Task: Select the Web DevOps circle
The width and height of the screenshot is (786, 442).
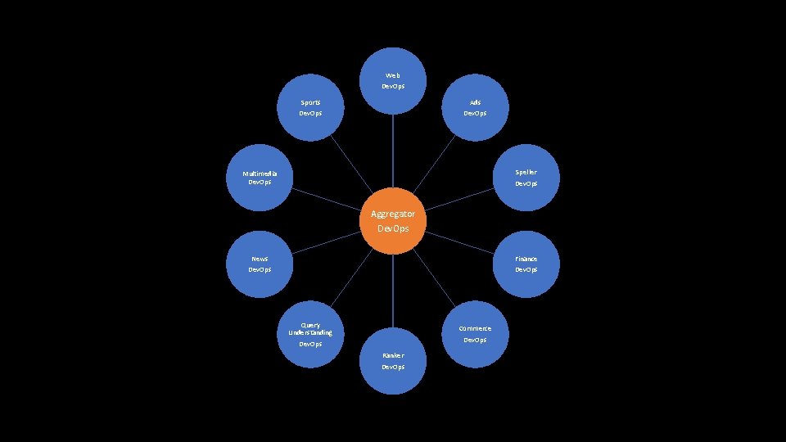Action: point(393,80)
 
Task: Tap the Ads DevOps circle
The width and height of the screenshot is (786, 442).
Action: point(475,107)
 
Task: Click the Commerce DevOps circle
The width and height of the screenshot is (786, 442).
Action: point(475,333)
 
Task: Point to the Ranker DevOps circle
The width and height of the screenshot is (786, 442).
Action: point(393,361)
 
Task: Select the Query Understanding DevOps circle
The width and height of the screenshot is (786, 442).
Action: point(310,333)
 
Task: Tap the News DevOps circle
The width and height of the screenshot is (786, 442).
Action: point(260,264)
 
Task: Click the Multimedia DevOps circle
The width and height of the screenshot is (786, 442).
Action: point(260,178)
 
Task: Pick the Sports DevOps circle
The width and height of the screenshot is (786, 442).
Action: point(310,107)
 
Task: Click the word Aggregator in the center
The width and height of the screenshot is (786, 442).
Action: point(393,214)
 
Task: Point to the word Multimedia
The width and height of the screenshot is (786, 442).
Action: point(260,174)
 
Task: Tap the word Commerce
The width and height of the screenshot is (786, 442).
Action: point(475,328)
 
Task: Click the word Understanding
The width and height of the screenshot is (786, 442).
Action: point(310,333)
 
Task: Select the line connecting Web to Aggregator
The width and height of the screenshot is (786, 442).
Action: point(393,151)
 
